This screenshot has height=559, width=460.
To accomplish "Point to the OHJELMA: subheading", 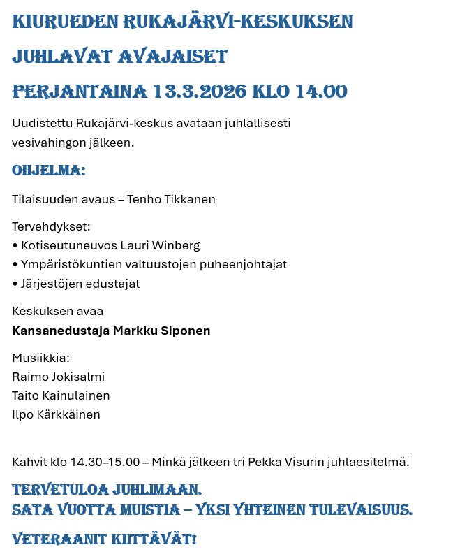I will [49, 170].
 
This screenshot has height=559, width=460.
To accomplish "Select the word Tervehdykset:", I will [52, 227].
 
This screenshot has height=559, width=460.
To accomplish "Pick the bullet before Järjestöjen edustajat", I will [15, 284].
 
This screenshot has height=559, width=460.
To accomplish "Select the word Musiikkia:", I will [41, 358].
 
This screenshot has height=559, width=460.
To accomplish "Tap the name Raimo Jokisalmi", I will [59, 377].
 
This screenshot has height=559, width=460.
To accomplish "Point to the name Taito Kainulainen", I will [61, 396].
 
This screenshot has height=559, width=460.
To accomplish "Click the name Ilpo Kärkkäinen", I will [57, 415].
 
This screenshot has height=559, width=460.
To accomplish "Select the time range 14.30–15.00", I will [103, 463].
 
